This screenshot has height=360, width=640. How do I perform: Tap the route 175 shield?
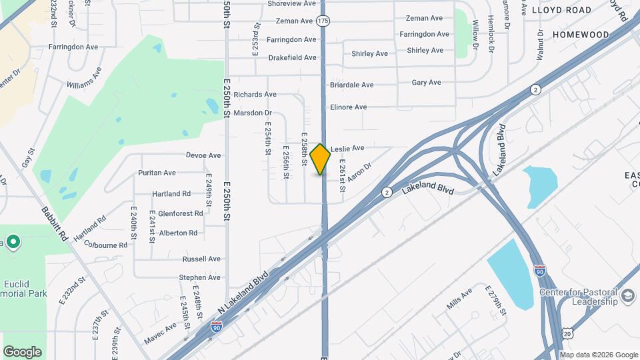pyautogui.click(x=323, y=21)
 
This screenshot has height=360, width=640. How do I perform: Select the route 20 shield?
pyautogui.click(x=566, y=331)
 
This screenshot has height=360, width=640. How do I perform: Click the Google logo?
pyautogui.click(x=22, y=351)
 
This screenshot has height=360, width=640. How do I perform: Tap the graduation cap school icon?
pyautogui.click(x=627, y=295)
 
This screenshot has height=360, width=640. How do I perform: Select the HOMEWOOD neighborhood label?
pyautogui.click(x=581, y=34)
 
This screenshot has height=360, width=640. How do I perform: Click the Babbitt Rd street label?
pyautogui.click(x=55, y=223)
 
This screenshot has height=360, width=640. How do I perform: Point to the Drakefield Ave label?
pyautogui.click(x=292, y=57)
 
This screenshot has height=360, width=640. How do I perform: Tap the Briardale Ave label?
pyautogui.click(x=351, y=85)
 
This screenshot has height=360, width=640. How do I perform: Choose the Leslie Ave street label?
pyautogui.click(x=347, y=147)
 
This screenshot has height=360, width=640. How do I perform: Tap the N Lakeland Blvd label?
pyautogui.click(x=243, y=289)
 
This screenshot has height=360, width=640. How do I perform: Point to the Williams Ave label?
pyautogui.click(x=84, y=77)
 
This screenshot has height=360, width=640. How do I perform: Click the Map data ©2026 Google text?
pyautogui.click(x=598, y=354)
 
